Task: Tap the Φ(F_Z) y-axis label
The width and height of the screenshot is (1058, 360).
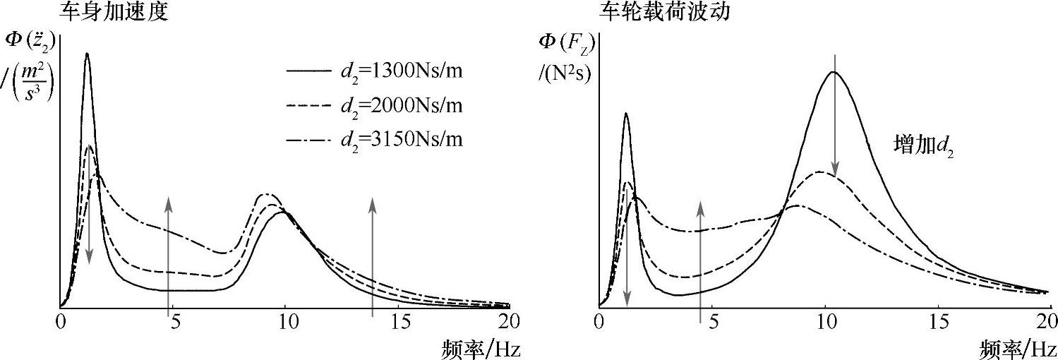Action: point(564,42)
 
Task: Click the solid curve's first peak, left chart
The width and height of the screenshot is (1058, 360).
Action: point(87,54)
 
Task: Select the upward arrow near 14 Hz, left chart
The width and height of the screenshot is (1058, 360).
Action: point(373,254)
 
